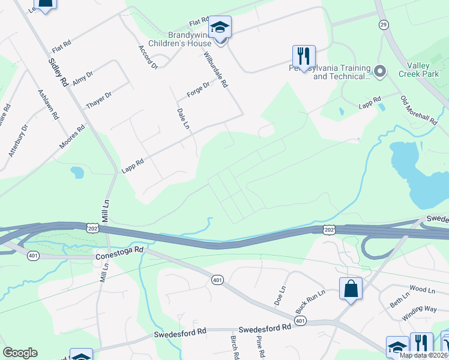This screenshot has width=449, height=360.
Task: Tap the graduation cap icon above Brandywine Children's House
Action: tap(220, 28)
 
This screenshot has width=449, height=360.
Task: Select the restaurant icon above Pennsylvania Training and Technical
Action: tap(304, 56)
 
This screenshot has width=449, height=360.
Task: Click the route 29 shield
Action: tap(383, 24)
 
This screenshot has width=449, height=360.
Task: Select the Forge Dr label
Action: tap(198, 90)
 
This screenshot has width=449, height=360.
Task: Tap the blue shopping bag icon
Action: tap(351, 289)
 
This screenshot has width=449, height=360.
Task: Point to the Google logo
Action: tap(20, 352)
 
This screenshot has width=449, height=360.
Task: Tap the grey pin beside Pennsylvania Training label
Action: tap(379, 71)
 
